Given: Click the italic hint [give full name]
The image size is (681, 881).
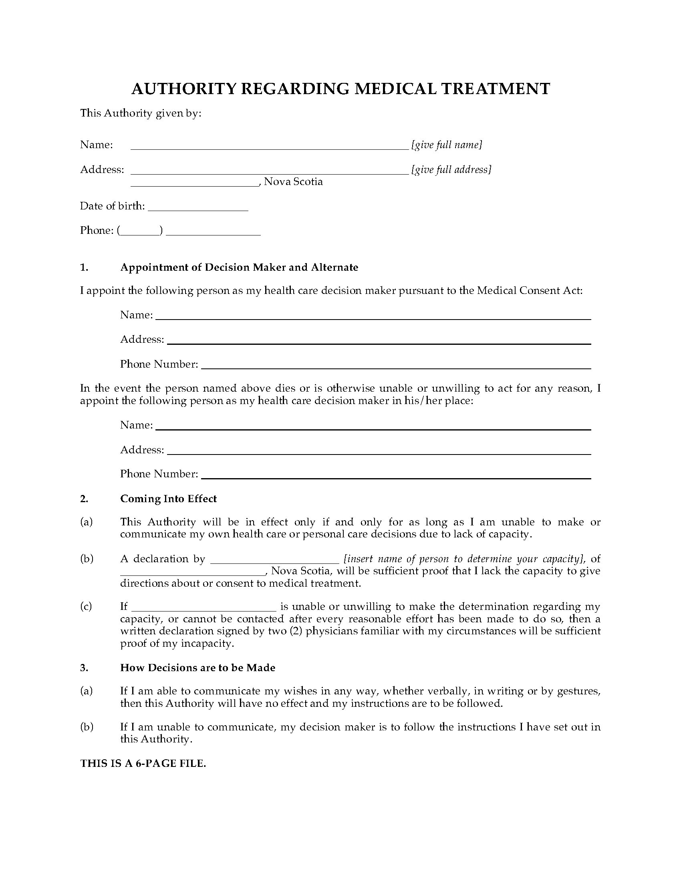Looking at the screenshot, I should (x=447, y=145).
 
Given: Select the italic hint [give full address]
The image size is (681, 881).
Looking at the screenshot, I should (x=451, y=169).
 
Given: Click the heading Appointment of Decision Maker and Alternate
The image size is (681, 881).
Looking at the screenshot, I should (x=239, y=268).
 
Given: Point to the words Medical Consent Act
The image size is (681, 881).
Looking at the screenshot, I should (x=529, y=290).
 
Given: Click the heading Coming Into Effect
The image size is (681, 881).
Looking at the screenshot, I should (x=168, y=499).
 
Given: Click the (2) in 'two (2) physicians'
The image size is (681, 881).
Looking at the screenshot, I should (x=296, y=631).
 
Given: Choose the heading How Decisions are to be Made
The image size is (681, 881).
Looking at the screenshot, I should (x=197, y=668).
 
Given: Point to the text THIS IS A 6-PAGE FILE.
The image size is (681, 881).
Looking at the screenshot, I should (x=143, y=764).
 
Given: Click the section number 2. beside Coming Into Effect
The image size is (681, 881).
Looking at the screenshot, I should (x=84, y=499).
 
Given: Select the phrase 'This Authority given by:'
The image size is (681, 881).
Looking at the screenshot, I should (x=140, y=113).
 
